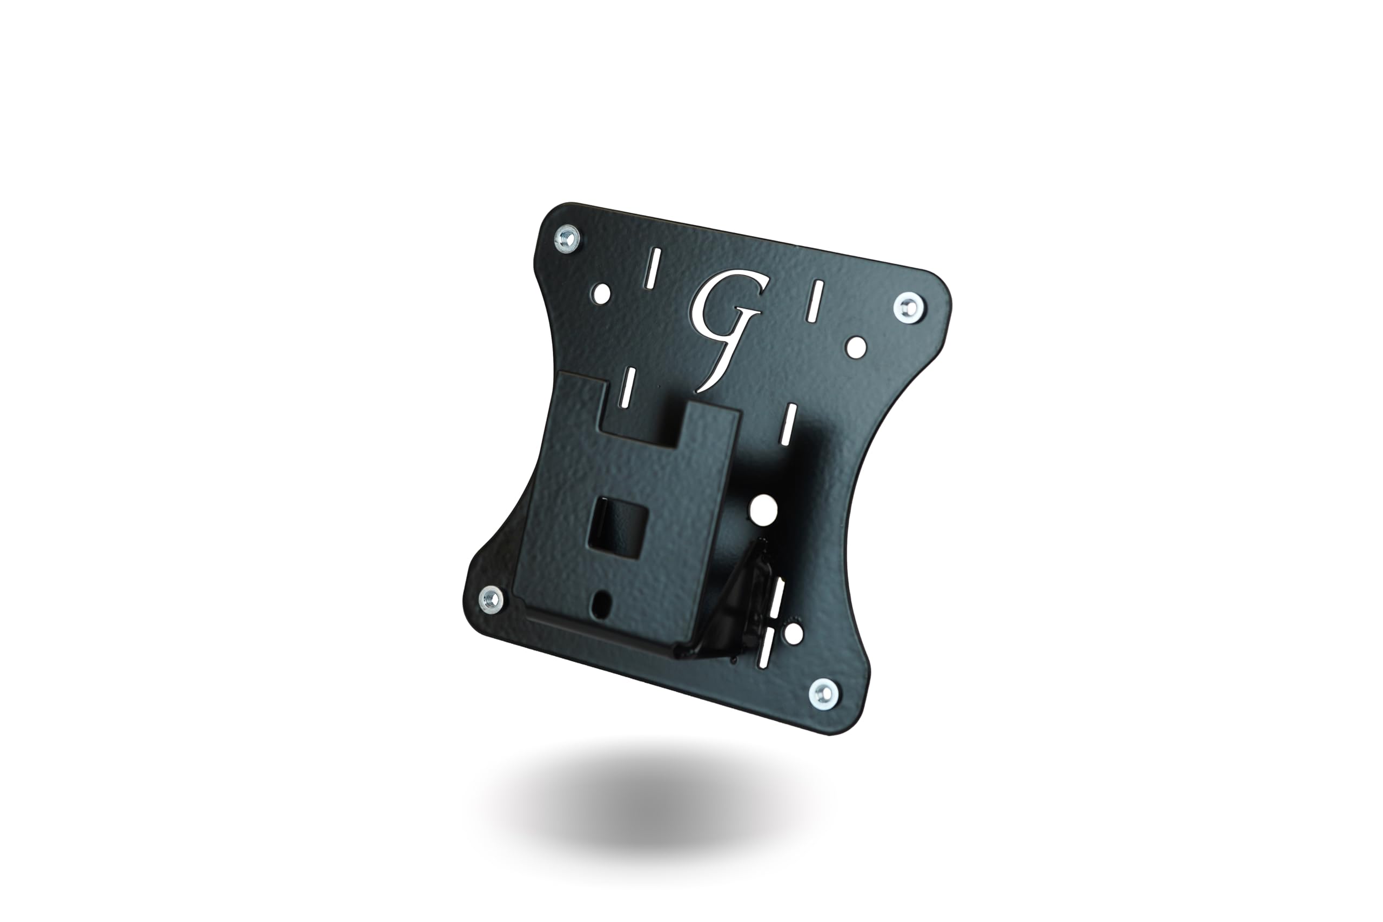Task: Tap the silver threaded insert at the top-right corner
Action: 909,306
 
